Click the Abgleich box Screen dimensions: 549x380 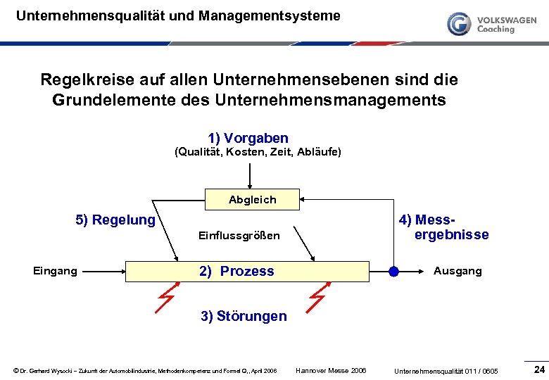tap(252, 200)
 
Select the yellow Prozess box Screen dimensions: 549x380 tap(246, 271)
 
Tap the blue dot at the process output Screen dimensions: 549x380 tap(393, 271)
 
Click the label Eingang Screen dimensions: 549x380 tap(55, 271)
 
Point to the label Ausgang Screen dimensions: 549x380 tap(458, 271)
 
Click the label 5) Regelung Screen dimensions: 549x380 tap(115, 220)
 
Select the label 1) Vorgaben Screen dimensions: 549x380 tap(248, 138)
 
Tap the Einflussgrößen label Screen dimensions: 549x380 tap(239, 236)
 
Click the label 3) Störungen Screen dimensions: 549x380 tap(244, 316)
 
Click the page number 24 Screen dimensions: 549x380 tap(540, 369)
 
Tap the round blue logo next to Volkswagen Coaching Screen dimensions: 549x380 tap(459, 23)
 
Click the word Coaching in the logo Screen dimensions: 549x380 tap(496, 30)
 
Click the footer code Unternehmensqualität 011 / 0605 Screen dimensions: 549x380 tap(446, 371)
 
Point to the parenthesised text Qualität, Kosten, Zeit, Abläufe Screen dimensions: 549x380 tap(257, 152)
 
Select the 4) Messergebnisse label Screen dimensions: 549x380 tap(443, 227)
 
